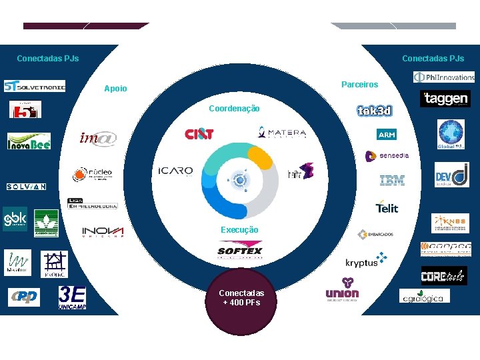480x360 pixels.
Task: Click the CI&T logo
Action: (199, 134)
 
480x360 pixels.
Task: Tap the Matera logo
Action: (282, 132)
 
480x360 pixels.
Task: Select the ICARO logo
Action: (175, 171)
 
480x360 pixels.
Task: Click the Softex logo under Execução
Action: (240, 251)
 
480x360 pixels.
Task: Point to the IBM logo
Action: (392, 180)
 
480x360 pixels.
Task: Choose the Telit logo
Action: (387, 207)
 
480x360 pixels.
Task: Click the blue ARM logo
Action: (386, 135)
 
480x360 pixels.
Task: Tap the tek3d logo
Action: (374, 111)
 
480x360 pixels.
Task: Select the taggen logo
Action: (445, 99)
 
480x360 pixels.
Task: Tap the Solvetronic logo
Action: (35, 86)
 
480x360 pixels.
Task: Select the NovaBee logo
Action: (29, 141)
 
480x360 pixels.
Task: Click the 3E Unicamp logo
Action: (72, 296)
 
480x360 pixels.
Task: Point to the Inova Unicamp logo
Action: (103, 232)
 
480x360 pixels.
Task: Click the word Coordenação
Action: (234, 109)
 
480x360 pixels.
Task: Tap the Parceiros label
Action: (359, 85)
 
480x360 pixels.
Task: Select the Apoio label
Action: (115, 89)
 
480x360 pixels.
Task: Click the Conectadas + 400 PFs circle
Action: (240, 300)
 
